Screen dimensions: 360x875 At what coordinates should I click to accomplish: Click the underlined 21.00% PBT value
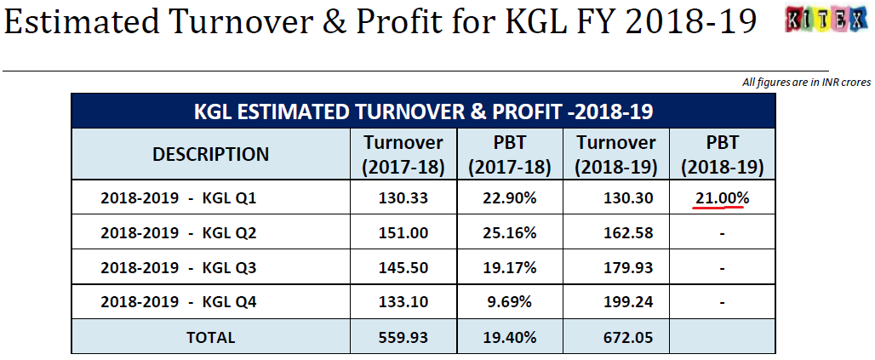(x=722, y=198)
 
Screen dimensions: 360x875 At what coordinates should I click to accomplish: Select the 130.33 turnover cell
(x=403, y=198)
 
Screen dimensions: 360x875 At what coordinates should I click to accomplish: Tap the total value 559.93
(x=403, y=337)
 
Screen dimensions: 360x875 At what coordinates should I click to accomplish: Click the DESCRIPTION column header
(x=210, y=154)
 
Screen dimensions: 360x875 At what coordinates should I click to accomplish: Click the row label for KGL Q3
(x=178, y=267)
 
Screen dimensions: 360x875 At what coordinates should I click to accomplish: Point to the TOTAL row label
(x=210, y=337)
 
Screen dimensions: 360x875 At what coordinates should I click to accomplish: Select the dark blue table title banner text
(x=423, y=111)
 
